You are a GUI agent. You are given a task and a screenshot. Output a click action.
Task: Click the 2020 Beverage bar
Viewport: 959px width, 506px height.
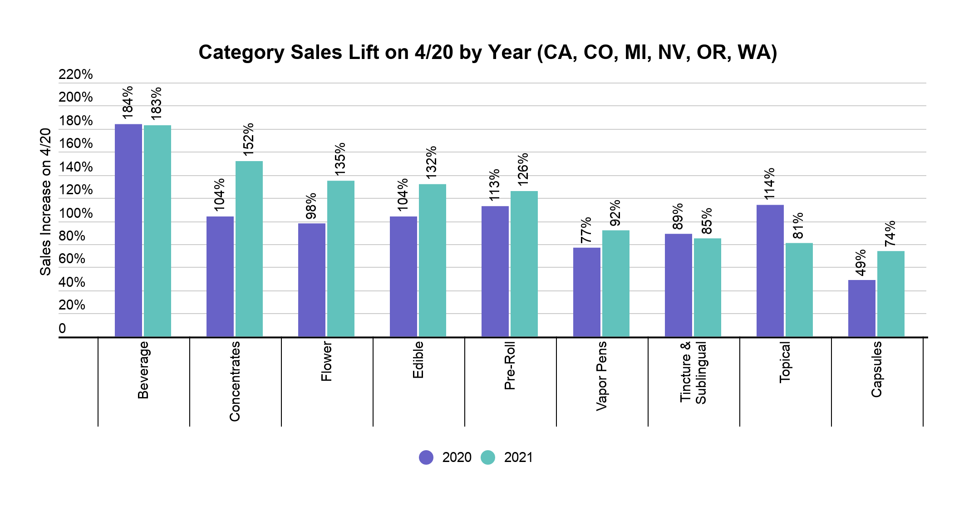[128, 231]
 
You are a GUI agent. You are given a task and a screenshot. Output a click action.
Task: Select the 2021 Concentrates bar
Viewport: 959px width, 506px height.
[249, 249]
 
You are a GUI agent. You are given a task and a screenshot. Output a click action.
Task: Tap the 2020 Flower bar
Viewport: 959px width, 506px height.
[312, 280]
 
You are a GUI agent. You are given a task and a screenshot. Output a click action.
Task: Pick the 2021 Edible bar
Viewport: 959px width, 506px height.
[433, 260]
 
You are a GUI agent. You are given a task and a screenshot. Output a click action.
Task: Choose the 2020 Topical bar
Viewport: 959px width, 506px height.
[770, 271]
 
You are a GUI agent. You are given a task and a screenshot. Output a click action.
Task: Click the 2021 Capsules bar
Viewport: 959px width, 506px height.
[891, 294]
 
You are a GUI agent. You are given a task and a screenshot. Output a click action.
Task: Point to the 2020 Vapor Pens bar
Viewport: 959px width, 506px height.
[587, 292]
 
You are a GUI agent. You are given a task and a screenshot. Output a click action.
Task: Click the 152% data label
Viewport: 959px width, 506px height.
[248, 139]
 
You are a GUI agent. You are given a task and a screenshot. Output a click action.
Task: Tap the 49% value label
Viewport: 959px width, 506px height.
[861, 263]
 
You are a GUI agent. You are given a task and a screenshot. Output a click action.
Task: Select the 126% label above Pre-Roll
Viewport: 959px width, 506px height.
[523, 169]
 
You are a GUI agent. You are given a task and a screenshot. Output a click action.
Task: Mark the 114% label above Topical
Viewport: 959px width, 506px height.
[769, 184]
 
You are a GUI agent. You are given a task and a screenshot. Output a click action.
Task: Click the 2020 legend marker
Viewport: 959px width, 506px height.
[426, 457]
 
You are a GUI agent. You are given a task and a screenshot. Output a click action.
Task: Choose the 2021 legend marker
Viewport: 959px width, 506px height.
[488, 457]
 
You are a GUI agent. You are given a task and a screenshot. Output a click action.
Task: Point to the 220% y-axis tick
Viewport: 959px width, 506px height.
[76, 74]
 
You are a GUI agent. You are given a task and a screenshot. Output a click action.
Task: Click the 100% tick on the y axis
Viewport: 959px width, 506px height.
[76, 213]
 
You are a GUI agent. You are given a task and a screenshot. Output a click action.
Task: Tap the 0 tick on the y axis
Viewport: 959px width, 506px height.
[63, 329]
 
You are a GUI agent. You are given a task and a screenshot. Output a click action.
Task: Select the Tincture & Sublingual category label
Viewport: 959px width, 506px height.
[693, 373]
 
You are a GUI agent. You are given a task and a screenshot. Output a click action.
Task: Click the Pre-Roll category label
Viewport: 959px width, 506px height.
[510, 366]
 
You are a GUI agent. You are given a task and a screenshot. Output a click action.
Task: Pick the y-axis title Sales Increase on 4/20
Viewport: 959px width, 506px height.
[45, 202]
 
